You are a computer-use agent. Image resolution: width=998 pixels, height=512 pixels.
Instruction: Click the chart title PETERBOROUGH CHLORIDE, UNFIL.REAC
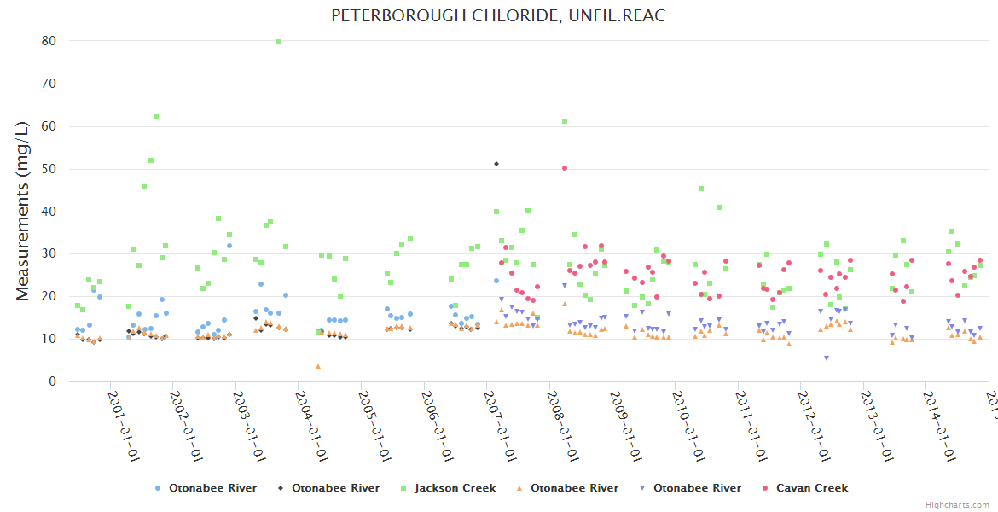pos(498,15)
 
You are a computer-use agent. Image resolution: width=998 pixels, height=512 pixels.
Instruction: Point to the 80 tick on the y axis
pos(49,41)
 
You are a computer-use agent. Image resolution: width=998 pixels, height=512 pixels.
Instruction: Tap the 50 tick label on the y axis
pos(49,169)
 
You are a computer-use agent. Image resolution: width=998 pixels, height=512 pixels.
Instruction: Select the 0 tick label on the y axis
pos(52,381)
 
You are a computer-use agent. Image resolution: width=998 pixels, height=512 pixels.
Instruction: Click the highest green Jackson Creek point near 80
pos(279,42)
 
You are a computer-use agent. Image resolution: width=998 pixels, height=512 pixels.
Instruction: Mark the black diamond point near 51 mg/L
pos(496,164)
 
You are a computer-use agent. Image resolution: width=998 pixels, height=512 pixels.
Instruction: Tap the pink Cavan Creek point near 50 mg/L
pos(565,168)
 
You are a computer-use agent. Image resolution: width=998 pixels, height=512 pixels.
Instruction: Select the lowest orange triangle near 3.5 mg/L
pos(318,366)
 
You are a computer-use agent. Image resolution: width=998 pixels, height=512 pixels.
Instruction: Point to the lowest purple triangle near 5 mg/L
pos(826,358)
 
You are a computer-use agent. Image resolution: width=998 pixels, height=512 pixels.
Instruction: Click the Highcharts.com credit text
pos(957,504)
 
